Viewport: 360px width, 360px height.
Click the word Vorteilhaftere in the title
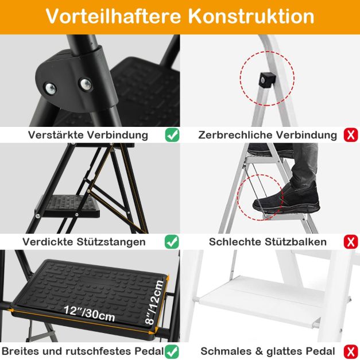(114, 16)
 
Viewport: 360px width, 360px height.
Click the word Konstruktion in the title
(251, 16)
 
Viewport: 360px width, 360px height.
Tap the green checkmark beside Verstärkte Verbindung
(172, 135)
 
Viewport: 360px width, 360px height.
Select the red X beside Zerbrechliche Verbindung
(351, 135)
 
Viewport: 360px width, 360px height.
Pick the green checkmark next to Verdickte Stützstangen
(172, 242)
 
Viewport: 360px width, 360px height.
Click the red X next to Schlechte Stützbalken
(351, 242)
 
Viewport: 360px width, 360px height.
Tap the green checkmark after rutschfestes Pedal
(172, 351)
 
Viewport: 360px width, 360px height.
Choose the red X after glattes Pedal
(351, 351)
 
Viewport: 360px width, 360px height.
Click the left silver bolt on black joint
(51, 88)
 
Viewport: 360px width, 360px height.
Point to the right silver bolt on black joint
(86, 84)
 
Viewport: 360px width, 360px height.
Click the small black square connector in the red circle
(268, 80)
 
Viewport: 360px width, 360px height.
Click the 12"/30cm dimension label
(90, 313)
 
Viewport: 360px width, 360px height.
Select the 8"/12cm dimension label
(155, 302)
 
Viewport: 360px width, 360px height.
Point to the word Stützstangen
(111, 242)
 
